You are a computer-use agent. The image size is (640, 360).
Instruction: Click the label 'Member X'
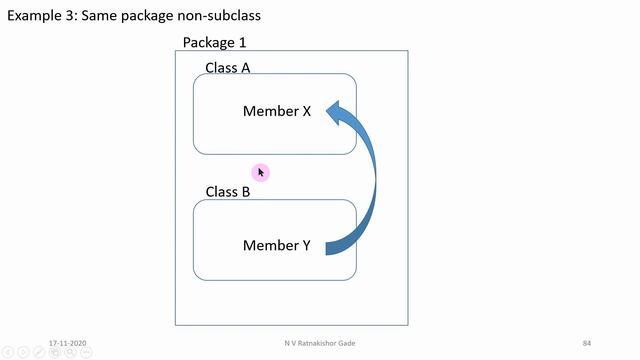click(277, 111)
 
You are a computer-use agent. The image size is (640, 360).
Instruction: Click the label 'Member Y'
click(277, 245)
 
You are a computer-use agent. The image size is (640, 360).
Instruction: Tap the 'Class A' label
click(228, 68)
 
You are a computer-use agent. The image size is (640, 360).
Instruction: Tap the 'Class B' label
click(228, 192)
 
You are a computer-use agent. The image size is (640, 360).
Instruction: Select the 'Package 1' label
click(214, 43)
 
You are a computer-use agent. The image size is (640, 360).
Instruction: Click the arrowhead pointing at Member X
click(337, 111)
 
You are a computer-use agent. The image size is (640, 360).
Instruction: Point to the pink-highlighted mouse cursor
click(260, 172)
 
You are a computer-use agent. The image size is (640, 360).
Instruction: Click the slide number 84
click(587, 343)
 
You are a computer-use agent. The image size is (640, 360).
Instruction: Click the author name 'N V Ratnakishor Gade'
click(319, 343)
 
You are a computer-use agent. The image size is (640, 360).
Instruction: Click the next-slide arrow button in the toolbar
click(24, 352)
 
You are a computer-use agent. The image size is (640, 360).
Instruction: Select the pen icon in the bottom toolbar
click(38, 352)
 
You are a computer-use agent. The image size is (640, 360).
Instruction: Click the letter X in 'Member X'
click(306, 111)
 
